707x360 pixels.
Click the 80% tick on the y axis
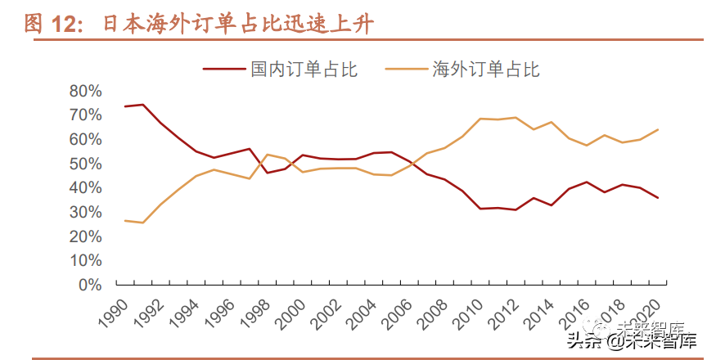[x=85, y=91]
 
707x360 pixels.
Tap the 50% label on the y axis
[x=85, y=164]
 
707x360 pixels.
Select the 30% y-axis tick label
[x=85, y=212]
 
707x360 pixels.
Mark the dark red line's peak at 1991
[x=143, y=105]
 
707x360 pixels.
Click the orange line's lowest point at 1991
[x=143, y=223]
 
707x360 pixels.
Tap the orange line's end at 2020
[x=659, y=129]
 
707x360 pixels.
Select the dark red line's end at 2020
[x=659, y=198]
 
